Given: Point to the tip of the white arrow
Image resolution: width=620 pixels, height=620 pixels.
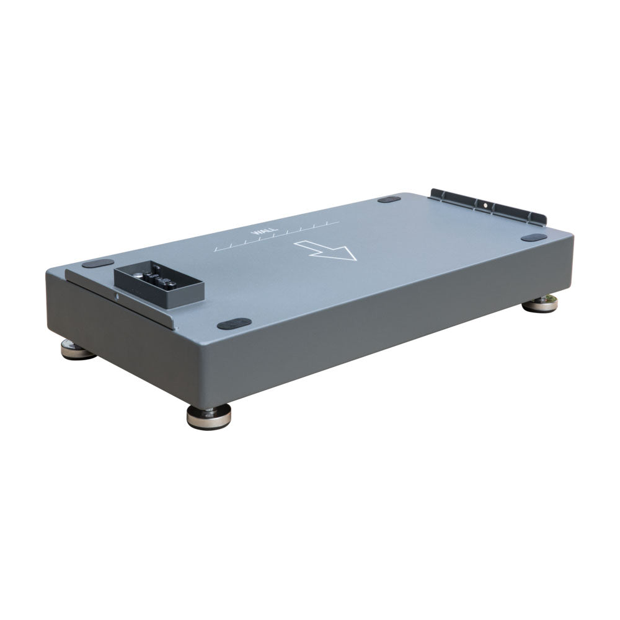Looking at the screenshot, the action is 356,260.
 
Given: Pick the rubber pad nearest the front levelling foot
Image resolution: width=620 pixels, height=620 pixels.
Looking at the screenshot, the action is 234,324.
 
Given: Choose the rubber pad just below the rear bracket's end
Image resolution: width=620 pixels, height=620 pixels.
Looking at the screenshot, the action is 534,237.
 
